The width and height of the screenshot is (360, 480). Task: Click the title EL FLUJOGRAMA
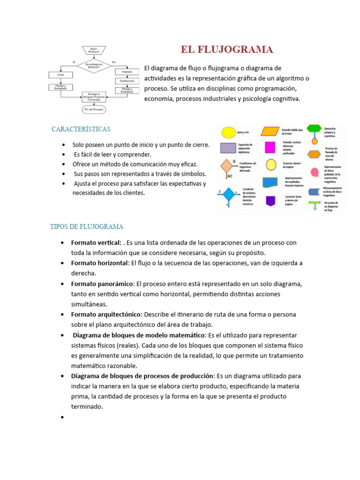coord(227,50)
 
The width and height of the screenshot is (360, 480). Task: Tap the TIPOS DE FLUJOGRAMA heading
coord(87,227)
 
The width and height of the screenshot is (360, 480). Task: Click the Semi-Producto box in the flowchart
coord(94,50)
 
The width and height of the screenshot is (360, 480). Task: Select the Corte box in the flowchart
coord(60,75)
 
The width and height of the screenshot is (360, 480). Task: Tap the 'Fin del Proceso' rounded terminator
coord(94,109)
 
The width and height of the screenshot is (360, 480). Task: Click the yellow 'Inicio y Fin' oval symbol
coord(228,133)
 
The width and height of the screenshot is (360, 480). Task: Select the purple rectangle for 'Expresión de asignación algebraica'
coord(228,148)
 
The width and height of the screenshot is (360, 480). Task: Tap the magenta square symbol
coord(270,147)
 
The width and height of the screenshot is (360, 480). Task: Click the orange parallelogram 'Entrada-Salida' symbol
coord(270,131)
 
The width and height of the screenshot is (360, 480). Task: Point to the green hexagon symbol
coord(314,128)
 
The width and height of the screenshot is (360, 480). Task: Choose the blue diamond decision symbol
coord(228,194)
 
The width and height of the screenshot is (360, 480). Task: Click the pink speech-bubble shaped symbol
coord(315,172)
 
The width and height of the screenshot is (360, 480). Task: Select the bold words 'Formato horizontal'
coord(99,263)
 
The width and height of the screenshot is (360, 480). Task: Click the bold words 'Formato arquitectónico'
coord(106,314)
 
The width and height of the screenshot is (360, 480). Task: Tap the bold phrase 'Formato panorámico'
coord(102,284)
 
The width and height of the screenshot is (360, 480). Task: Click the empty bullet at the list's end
coord(62,417)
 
